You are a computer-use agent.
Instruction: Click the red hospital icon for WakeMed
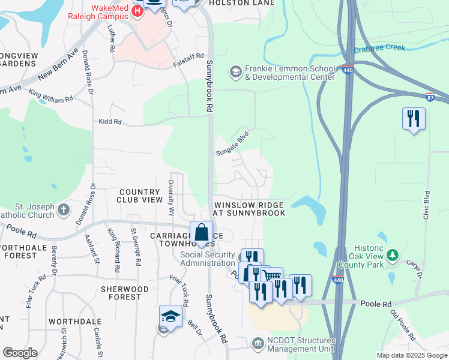[137, 10]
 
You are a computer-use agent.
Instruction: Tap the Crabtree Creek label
[379, 49]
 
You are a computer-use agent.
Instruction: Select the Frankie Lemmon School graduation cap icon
[235, 72]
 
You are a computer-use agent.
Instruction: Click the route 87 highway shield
[430, 96]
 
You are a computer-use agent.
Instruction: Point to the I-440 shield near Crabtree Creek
[348, 70]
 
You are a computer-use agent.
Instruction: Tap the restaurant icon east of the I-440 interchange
[414, 118]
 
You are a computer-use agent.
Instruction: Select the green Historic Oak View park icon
[393, 256]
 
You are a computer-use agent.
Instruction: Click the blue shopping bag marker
[202, 232]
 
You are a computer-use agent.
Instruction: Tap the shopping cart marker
[272, 277]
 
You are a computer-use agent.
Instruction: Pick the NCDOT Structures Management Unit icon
[258, 343]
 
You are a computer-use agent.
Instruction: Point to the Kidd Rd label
[110, 122]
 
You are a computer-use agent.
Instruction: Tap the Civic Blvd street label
[427, 205]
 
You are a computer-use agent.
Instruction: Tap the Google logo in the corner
[20, 353]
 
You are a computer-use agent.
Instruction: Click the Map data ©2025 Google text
[411, 355]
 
